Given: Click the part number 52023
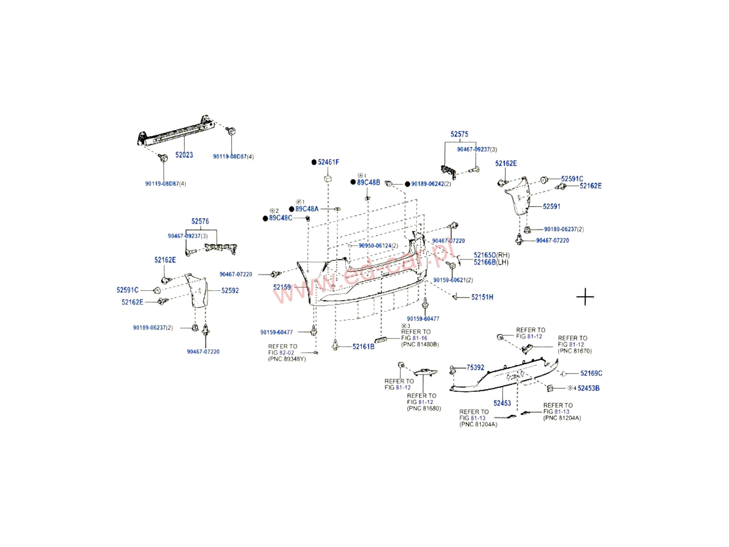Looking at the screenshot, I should coord(184,155).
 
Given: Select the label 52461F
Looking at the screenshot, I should coord(328,162).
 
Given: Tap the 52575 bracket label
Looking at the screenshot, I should coord(459,134).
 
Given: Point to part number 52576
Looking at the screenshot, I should coord(200,221).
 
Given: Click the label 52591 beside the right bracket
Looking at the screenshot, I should coord(551,207).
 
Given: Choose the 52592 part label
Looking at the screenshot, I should coord(230,291).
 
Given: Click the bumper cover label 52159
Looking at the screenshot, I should coord(282,287).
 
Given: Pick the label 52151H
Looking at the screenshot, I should coord(482,297).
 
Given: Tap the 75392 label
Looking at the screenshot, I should coord(475,368).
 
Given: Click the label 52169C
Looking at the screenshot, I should coord(591,373).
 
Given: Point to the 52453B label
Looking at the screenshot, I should coord(588,388).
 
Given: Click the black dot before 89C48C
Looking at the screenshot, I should coord(265,219).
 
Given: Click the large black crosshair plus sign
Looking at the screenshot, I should coord(585,297).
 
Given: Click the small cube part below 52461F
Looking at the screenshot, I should coord(328,179).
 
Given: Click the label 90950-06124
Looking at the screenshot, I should coord(375,246).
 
